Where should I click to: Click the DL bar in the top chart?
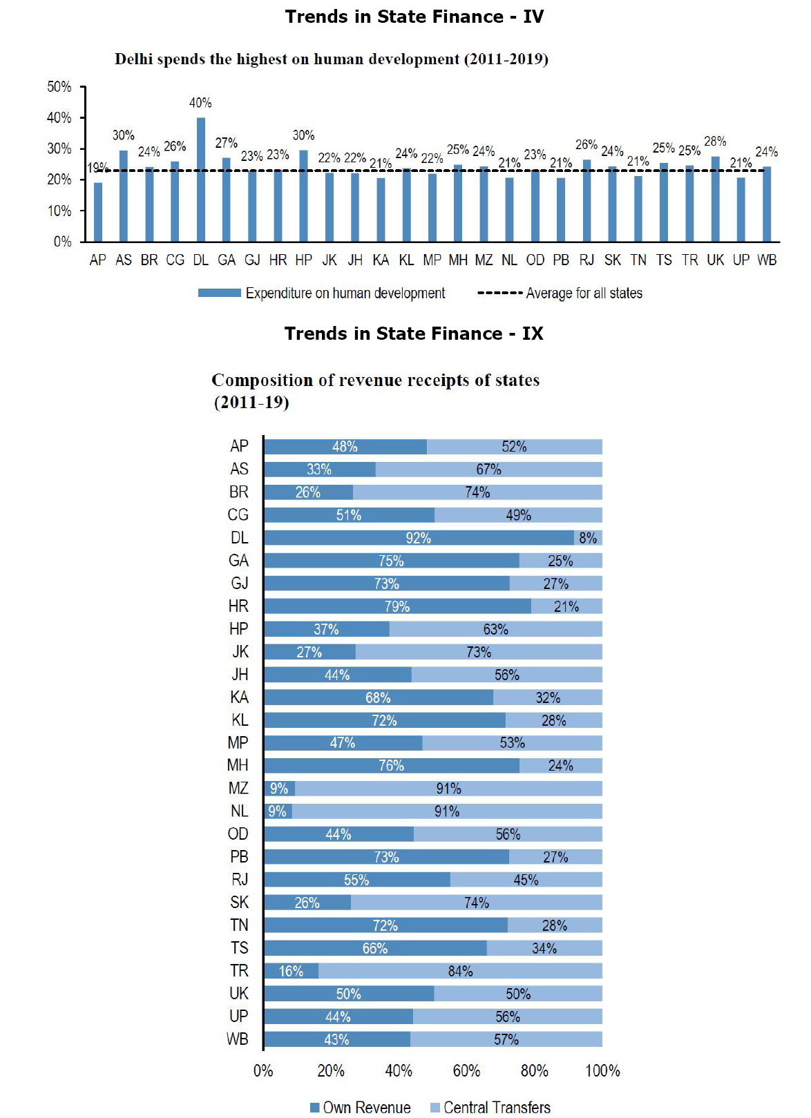[200, 180]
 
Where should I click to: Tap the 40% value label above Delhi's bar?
[200, 103]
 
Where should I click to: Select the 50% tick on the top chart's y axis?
[59, 87]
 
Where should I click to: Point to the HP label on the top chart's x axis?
[303, 260]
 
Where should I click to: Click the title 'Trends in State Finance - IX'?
[414, 334]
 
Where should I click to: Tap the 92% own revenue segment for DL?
[418, 538]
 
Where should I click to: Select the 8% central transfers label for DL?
[588, 538]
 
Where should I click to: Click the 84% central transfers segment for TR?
[460, 971]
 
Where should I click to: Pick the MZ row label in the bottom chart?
[238, 789]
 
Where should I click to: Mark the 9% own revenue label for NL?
[277, 811]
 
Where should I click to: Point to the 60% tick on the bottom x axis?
[466, 1071]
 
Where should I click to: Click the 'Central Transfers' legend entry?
[496, 1108]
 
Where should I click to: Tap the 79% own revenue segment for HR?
[397, 606]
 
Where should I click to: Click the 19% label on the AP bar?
[97, 168]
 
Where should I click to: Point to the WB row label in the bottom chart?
[237, 1039]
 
